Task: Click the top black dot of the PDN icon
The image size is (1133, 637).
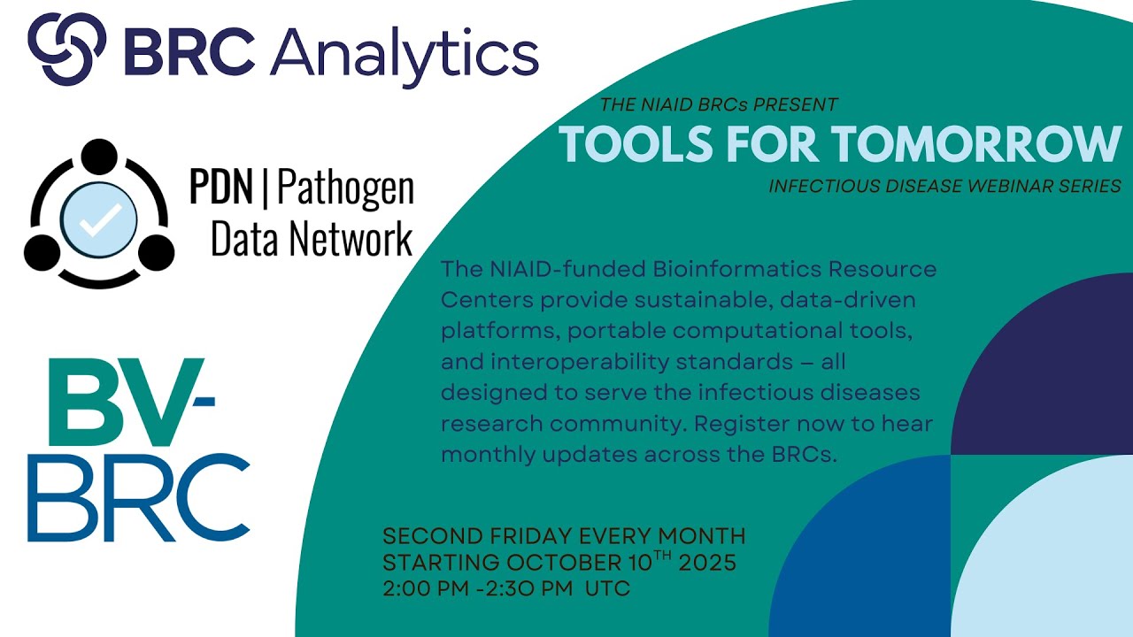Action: [98, 157]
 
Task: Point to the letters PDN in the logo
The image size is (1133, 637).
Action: [227, 187]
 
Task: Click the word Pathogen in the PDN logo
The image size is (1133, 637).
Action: [346, 188]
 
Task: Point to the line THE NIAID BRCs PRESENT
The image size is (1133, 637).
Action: [718, 105]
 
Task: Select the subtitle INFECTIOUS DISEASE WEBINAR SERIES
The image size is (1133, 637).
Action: [944, 187]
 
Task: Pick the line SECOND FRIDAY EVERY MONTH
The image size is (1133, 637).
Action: [564, 536]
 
